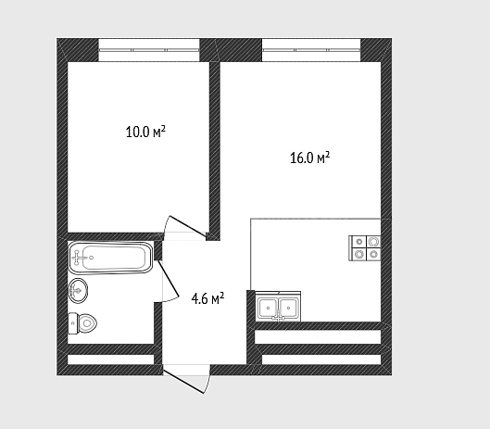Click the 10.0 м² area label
coord(145,132)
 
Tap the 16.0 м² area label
coord(309,158)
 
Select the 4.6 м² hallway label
coord(207,298)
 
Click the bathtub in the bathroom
coord(110,258)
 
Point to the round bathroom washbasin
coord(78,291)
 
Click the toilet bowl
coord(87,323)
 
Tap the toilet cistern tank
coord(72,323)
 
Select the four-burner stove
coord(365,248)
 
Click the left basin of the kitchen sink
coord(268,308)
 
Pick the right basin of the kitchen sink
coord(288,308)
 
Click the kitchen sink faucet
coord(278,316)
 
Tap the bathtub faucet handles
coord(78,258)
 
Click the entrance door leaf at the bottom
coord(183,382)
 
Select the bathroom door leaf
coord(169,278)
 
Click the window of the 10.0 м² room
coord(149,50)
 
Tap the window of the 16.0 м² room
coord(311,50)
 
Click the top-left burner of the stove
coord(359,242)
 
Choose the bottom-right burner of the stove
coord(373,254)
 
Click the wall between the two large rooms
coord(215,151)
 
